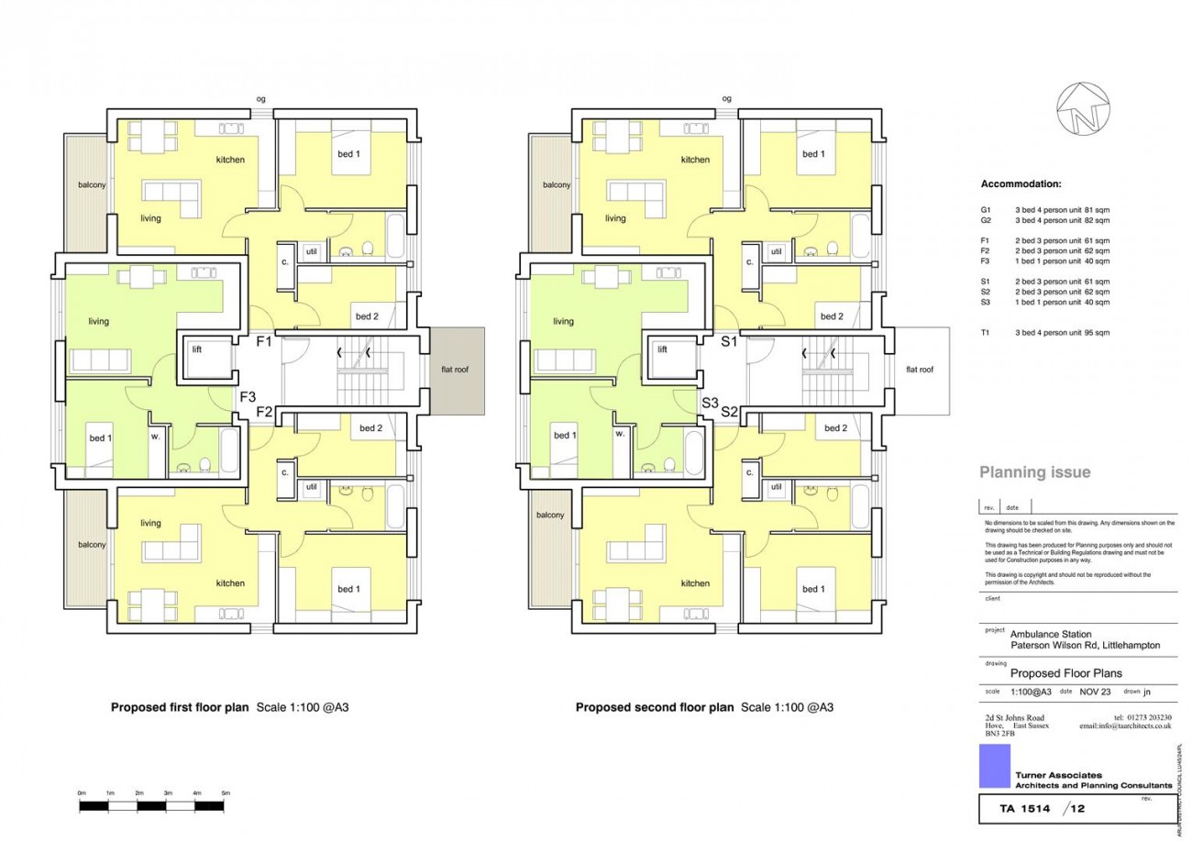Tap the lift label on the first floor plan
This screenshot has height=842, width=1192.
(x=197, y=349)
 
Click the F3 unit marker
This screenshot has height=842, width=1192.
(x=248, y=397)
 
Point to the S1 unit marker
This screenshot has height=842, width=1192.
(x=730, y=342)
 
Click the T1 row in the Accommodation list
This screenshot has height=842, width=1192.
(x=1044, y=333)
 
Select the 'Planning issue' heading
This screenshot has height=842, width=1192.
(x=1035, y=472)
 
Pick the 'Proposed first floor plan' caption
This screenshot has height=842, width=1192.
(x=180, y=707)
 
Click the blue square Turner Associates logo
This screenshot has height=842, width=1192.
(x=994, y=766)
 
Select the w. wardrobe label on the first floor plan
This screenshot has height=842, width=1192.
(x=156, y=437)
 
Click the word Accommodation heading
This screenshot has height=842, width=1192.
(x=1021, y=184)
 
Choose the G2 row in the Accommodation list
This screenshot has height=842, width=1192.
(x=1044, y=221)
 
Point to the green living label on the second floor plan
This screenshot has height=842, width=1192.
(x=563, y=322)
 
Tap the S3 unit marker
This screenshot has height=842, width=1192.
(x=710, y=403)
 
